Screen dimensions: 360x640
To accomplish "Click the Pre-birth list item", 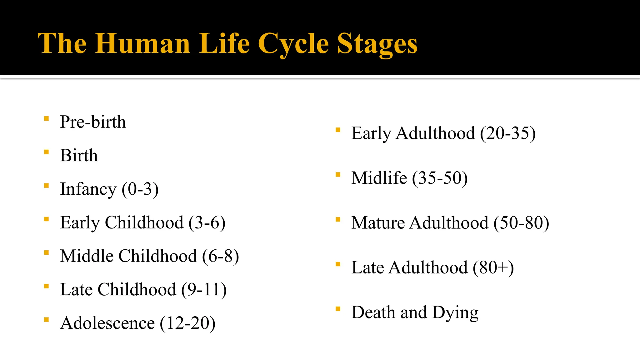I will (93, 122).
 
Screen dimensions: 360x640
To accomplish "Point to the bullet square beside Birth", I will (47, 152).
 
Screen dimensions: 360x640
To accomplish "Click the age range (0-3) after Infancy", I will (140, 189).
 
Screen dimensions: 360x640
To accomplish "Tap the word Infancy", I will (88, 189).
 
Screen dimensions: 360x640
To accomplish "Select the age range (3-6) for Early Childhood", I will (207, 222).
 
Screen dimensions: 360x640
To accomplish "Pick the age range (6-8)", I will (220, 256).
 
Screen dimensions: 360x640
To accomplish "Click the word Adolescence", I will (107, 323).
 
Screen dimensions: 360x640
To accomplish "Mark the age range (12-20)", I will (187, 323).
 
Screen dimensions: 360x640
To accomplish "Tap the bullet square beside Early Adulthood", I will (338, 130).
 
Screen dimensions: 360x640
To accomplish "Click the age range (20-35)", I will (508, 133).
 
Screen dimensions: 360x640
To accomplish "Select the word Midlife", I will (379, 178).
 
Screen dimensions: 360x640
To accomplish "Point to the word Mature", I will (378, 223).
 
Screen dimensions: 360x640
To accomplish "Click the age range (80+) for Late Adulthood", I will (493, 267).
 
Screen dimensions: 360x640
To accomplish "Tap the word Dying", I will (455, 312).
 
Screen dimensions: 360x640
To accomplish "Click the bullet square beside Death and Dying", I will (338, 309).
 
